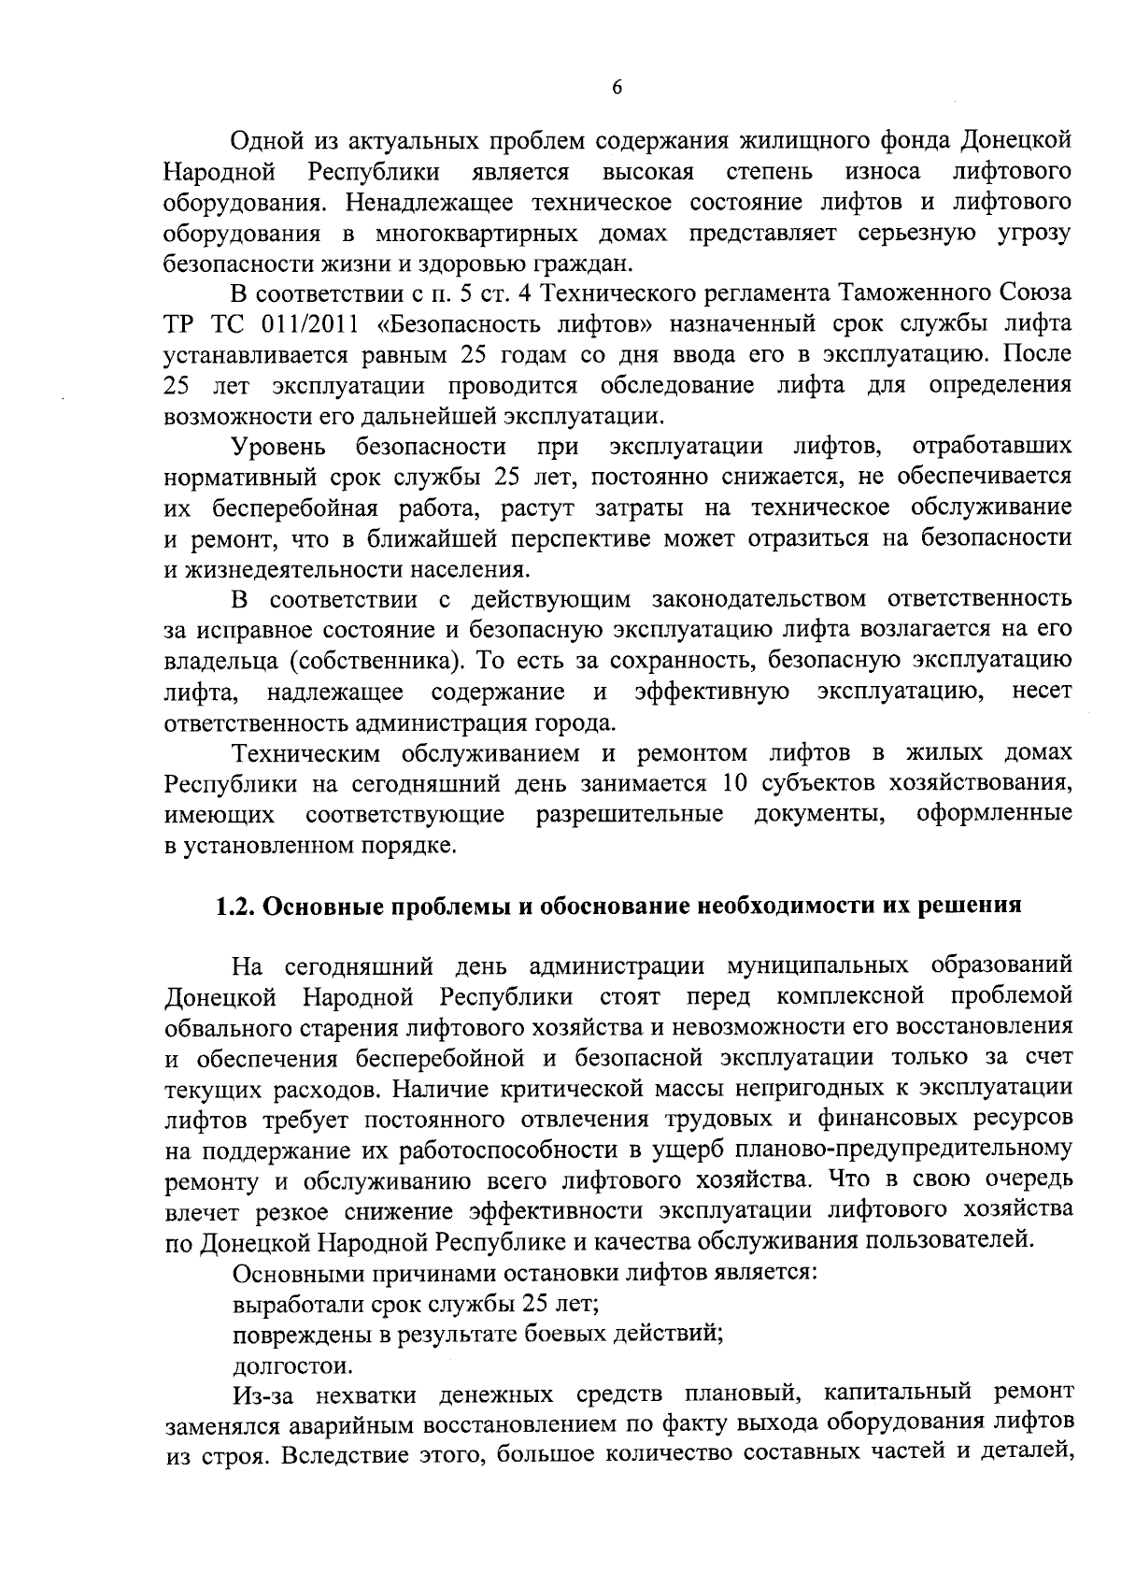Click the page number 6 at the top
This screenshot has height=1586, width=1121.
pyautogui.click(x=616, y=88)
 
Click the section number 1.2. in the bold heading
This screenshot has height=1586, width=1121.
pyautogui.click(x=235, y=907)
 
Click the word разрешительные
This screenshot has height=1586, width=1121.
pyautogui.click(x=630, y=815)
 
